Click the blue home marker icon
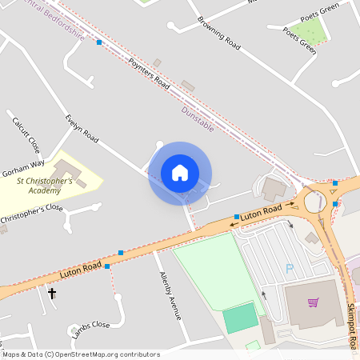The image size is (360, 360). [180, 173]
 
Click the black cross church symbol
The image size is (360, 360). [53, 294]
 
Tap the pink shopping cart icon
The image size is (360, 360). [313, 302]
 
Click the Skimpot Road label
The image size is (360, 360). [352, 325]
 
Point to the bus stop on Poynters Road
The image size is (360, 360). [99, 42]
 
